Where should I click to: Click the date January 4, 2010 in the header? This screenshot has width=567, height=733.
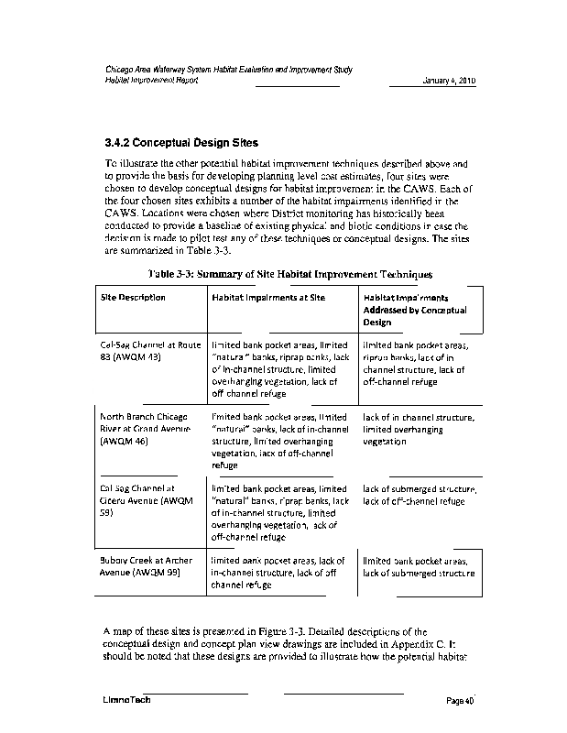pyautogui.click(x=449, y=81)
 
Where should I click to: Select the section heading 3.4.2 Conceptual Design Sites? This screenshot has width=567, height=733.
pyautogui.click(x=181, y=143)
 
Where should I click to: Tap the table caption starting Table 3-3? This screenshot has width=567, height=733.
pyautogui.click(x=289, y=274)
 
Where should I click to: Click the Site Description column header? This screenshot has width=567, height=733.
pyautogui.click(x=133, y=297)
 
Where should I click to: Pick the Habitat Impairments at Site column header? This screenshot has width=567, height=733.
pyautogui.click(x=268, y=297)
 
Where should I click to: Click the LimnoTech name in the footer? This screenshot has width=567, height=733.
pyautogui.click(x=126, y=701)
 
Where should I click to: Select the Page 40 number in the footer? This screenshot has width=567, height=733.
pyautogui.click(x=459, y=701)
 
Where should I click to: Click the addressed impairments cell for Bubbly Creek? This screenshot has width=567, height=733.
pyautogui.click(x=419, y=566)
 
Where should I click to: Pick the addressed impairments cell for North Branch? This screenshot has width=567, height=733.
pyautogui.click(x=418, y=428)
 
